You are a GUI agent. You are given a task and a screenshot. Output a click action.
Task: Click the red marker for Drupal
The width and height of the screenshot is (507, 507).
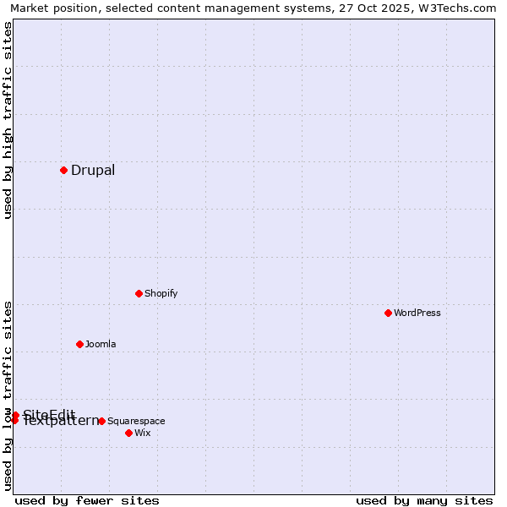click(63, 170)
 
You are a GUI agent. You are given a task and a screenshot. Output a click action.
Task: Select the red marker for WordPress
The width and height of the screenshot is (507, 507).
click(388, 313)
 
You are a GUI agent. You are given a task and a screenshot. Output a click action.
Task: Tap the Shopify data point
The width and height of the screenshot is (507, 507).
click(139, 293)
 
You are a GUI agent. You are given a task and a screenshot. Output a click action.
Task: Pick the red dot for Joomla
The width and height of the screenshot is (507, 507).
click(79, 344)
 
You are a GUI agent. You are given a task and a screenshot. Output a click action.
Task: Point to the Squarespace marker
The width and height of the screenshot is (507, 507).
click(101, 421)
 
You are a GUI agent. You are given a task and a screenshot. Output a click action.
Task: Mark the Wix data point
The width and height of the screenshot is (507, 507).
click(128, 433)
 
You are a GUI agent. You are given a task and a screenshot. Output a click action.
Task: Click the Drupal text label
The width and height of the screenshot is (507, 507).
click(93, 170)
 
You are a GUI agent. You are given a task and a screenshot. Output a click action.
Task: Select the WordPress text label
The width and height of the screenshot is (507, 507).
click(417, 313)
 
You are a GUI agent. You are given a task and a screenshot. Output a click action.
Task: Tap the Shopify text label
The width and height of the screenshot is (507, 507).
click(161, 293)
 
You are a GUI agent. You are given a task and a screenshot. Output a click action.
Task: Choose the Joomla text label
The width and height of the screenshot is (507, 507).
click(101, 344)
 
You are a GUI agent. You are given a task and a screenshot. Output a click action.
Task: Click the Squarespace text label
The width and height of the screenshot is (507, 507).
click(136, 421)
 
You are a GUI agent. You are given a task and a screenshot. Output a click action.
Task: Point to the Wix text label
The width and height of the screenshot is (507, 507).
click(142, 433)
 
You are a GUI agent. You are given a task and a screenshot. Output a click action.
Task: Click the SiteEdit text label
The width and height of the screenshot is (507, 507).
click(49, 414)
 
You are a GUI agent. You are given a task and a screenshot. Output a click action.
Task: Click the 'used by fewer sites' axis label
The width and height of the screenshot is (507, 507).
click(87, 500)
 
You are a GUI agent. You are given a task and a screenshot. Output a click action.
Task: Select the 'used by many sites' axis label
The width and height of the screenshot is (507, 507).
click(424, 500)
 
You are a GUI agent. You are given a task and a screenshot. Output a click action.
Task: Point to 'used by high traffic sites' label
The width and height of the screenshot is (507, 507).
click(8, 120)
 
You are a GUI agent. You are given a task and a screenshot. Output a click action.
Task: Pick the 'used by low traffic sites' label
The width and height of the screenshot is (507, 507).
click(8, 395)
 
